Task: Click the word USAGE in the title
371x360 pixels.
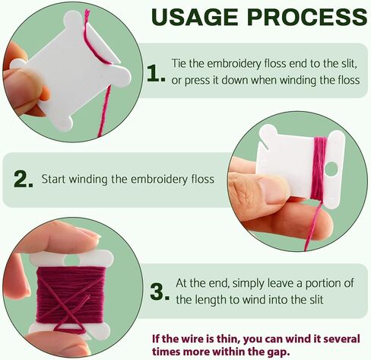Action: (195, 17)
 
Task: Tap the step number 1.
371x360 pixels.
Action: (156, 74)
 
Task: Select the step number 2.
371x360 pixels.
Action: (24, 179)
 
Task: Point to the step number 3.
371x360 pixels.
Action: (160, 292)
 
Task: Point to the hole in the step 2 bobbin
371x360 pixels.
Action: (331, 170)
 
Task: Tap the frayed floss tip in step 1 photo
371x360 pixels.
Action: (87, 13)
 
